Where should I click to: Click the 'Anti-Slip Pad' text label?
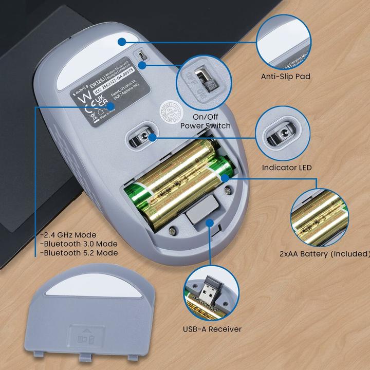[x=285, y=77]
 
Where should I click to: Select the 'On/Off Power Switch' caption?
[x=204, y=121]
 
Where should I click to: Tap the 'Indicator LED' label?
[x=286, y=168]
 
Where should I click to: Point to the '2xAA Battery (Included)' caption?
[x=325, y=253]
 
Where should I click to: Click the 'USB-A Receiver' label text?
[x=212, y=329]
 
